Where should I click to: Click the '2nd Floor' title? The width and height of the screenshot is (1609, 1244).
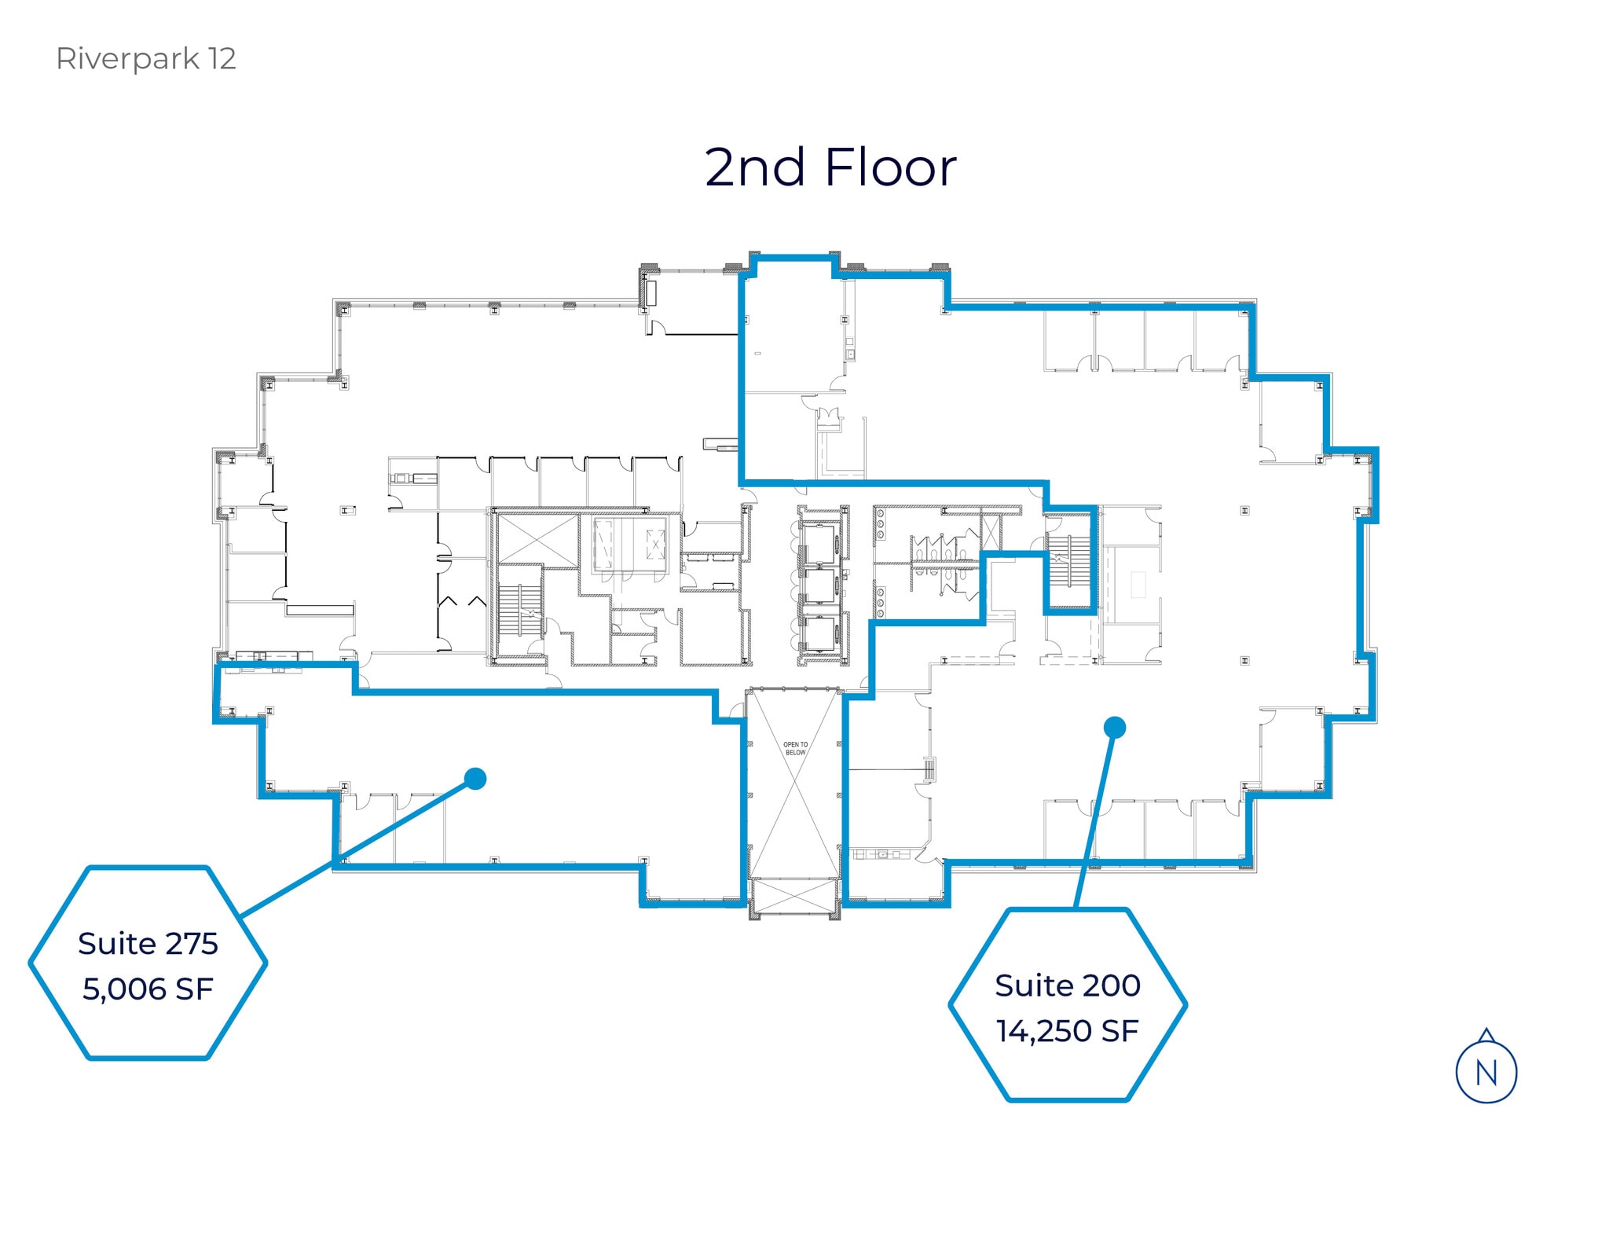pyautogui.click(x=830, y=167)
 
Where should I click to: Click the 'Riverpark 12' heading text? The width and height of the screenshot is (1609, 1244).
pyautogui.click(x=145, y=59)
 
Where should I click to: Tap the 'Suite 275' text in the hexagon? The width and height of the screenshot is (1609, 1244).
pyautogui.click(x=148, y=944)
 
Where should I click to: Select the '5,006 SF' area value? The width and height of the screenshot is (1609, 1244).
pyautogui.click(x=148, y=989)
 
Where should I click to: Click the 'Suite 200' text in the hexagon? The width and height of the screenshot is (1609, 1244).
pyautogui.click(x=1067, y=985)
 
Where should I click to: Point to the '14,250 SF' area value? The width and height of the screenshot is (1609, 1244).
pyautogui.click(x=1067, y=1031)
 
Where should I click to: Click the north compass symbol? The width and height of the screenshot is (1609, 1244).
pyautogui.click(x=1486, y=1070)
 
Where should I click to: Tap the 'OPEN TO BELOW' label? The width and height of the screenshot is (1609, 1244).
pyautogui.click(x=795, y=748)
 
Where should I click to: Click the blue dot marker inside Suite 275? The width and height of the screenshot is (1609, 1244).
pyautogui.click(x=475, y=779)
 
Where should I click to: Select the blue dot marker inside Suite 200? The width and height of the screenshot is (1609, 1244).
pyautogui.click(x=1114, y=728)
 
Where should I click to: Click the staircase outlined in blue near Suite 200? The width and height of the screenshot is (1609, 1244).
pyautogui.click(x=1070, y=561)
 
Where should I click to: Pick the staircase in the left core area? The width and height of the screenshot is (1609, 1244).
pyautogui.click(x=520, y=610)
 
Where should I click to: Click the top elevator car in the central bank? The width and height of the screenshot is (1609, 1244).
pyautogui.click(x=820, y=541)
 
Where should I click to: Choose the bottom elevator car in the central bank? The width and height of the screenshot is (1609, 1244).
pyautogui.click(x=820, y=635)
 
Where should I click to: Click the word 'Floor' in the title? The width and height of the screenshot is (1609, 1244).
pyautogui.click(x=890, y=167)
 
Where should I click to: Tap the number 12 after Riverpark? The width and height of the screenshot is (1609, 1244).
pyautogui.click(x=222, y=59)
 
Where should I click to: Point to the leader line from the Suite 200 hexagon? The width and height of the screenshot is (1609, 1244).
pyautogui.click(x=1094, y=818)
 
